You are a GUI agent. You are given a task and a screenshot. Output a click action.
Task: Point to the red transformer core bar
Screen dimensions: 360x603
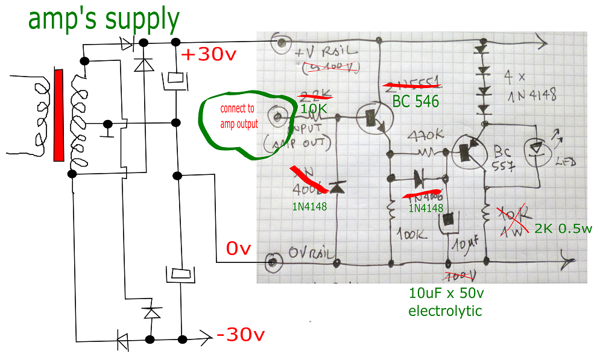point(58,115)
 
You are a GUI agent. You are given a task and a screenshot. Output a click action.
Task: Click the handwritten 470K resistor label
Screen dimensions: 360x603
point(426,135)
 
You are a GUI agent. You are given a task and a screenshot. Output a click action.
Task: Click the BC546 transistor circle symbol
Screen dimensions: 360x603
point(374,117)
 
